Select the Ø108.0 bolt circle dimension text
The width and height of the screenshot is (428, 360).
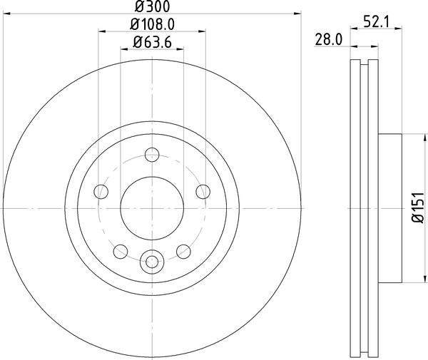tap(152, 25)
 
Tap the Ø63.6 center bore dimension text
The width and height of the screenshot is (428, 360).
tap(152, 43)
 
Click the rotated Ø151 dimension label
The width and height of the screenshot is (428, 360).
tap(417, 208)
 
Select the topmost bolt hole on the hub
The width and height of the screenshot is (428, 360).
tap(151, 153)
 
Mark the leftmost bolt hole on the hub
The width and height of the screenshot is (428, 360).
tap(101, 191)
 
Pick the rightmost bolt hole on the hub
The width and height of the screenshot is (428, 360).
tap(203, 191)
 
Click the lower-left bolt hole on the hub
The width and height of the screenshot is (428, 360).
tap(120, 250)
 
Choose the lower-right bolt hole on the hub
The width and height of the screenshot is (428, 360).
tap(183, 250)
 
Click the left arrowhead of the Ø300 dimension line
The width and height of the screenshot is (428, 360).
tap(7, 14)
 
